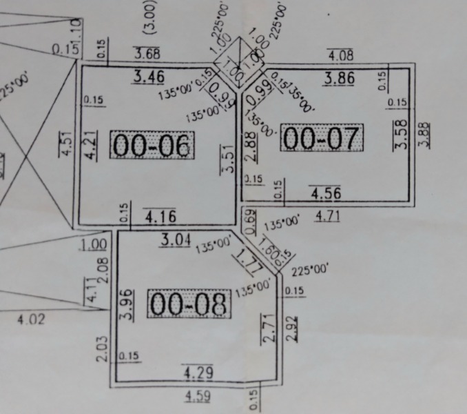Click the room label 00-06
[152, 145]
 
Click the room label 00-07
[322, 139]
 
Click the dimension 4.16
[160, 216]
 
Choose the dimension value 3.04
[176, 239]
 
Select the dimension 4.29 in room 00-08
[198, 373]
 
